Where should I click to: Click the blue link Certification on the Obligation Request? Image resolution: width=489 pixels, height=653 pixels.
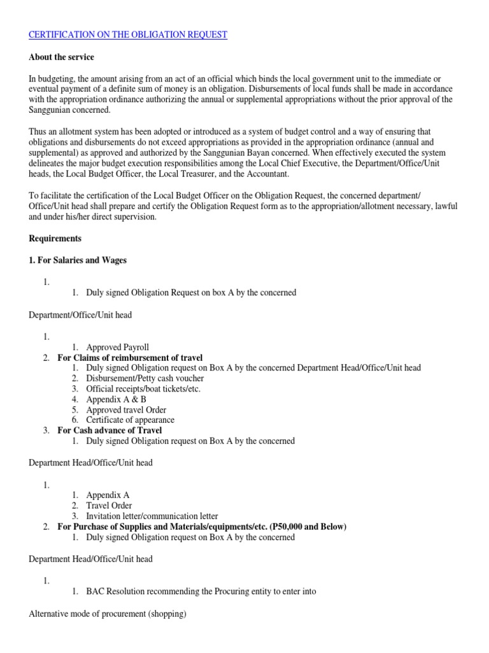[128, 34]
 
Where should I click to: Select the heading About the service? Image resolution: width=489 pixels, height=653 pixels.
[61, 57]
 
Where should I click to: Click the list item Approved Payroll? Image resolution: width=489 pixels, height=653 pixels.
[117, 348]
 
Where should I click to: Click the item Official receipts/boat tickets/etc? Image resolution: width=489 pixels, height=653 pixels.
[143, 389]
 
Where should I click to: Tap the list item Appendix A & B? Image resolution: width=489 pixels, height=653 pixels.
[116, 399]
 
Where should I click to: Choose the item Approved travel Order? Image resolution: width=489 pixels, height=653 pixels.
[126, 409]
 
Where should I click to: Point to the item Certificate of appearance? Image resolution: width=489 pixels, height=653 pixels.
[130, 420]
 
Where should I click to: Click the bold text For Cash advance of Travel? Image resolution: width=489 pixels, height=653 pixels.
[110, 430]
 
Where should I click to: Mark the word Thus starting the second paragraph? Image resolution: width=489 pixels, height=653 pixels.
[38, 133]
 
